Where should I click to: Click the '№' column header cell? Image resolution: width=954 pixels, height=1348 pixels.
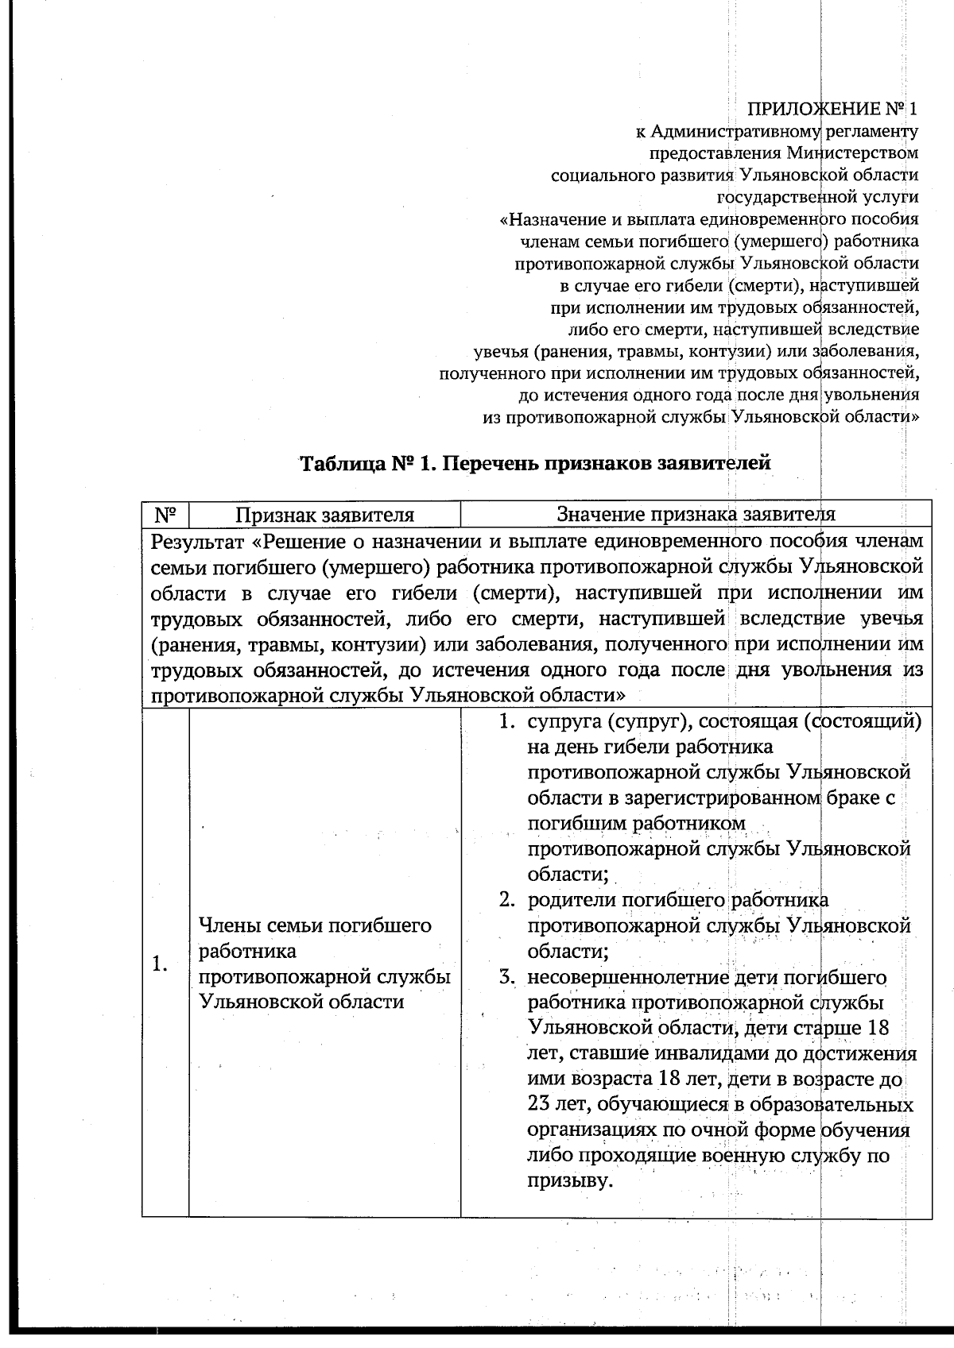pos(165,515)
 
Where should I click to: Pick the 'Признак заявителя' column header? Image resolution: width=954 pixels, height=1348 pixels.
pos(324,515)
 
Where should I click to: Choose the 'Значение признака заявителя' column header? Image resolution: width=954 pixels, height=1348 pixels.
pos(696,515)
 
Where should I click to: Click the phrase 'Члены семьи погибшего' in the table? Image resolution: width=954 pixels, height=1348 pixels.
pos(315,925)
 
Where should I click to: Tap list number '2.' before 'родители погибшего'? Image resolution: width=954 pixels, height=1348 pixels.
pos(509,900)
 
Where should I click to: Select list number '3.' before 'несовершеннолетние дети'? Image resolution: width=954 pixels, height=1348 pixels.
pos(509,977)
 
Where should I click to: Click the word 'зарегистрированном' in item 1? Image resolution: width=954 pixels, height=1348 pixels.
pos(704,798)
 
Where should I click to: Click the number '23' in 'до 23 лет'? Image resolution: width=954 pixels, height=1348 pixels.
pos(541,1105)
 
